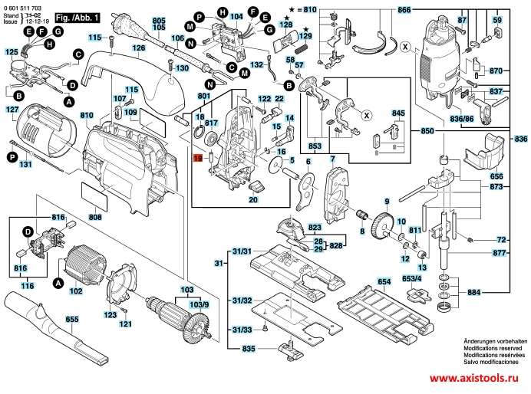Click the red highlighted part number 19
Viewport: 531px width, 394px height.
tap(196, 158)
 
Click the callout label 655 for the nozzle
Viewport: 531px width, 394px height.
tap(71, 318)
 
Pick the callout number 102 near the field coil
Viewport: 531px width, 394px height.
tap(75, 291)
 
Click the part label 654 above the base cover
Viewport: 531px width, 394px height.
tap(384, 283)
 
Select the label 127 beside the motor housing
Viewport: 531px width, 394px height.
tap(12, 110)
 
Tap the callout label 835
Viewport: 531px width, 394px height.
tap(249, 350)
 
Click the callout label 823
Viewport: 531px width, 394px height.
tap(315, 227)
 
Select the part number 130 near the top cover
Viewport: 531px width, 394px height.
tap(182, 68)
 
